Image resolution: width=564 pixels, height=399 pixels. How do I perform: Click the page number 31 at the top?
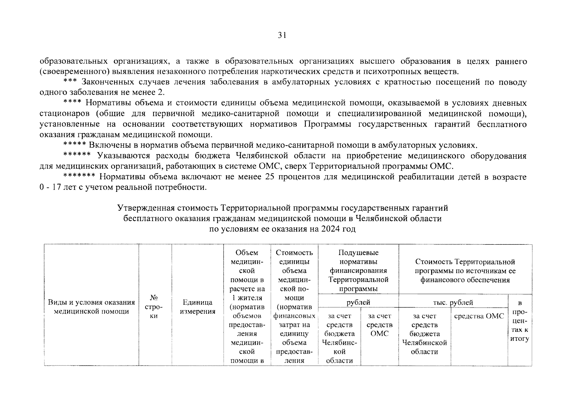282,35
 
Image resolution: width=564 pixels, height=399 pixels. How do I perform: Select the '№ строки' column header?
153,307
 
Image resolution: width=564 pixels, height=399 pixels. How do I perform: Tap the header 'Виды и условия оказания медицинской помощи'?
91,307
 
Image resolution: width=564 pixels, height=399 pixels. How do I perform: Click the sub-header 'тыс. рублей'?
453,303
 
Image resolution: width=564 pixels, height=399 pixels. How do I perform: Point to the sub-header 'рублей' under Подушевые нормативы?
358,303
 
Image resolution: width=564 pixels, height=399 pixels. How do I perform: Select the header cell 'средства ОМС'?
479,316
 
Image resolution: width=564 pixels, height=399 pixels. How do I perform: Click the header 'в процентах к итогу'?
520,321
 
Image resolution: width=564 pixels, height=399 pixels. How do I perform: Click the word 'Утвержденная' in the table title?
145,208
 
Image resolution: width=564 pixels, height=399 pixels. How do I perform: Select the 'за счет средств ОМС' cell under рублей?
379,325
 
